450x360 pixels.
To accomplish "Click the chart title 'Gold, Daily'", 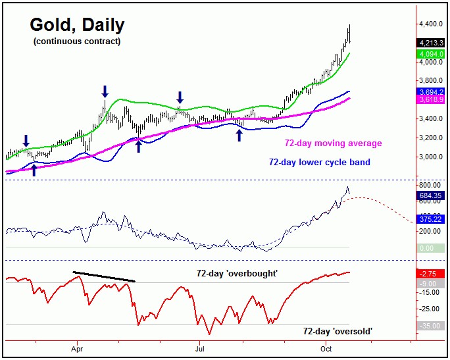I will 77,26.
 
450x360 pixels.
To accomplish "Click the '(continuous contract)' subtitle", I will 76,42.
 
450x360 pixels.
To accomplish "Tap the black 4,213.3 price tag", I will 432,43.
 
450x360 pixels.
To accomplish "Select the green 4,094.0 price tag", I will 432,54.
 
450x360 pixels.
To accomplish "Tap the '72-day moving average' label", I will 332,143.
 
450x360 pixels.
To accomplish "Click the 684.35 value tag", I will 432,195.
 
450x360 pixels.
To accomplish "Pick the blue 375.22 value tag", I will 432,219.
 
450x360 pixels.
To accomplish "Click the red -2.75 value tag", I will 432,272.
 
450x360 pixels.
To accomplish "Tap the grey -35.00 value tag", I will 432,325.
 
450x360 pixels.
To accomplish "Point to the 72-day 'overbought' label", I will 237,272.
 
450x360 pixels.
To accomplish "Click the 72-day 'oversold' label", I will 337,331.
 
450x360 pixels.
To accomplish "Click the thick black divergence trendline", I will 103,276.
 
